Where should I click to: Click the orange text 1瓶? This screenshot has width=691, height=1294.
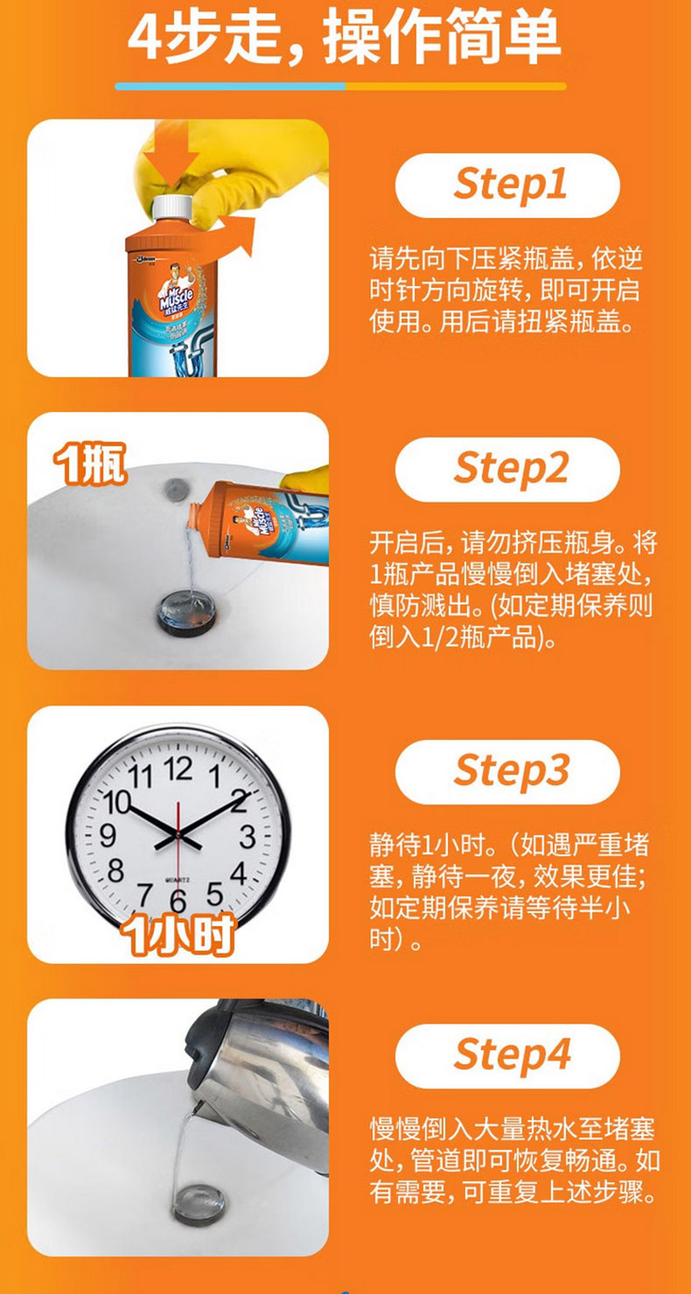[x=89, y=463]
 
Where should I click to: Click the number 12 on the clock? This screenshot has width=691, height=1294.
[x=178, y=769]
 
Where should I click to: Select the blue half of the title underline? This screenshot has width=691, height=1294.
[x=231, y=87]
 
